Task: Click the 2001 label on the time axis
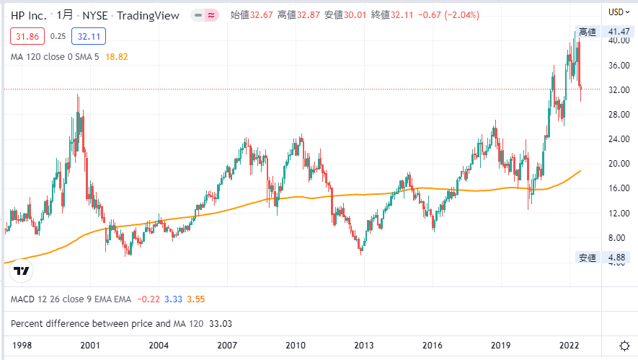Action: (90, 345)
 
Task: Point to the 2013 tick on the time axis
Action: (364, 345)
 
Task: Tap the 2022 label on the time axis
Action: (569, 345)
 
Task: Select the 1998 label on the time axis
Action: (22, 345)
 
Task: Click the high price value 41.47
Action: (620, 32)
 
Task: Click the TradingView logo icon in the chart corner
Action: (22, 271)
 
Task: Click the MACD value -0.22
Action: (149, 299)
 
